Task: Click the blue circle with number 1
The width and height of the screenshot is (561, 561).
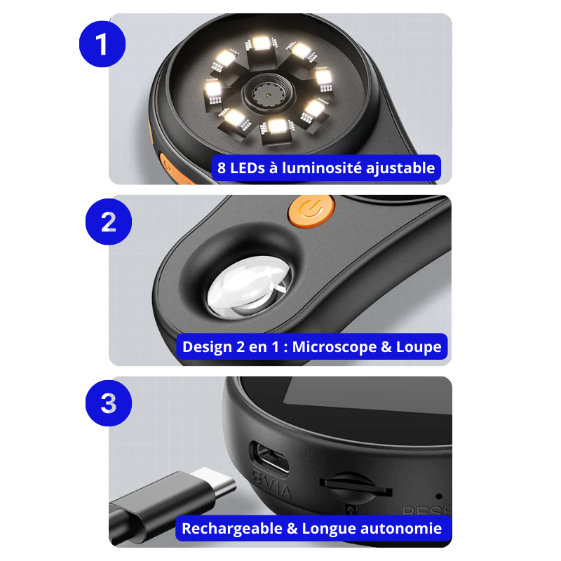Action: click(102, 44)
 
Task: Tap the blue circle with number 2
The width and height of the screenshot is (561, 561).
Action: click(108, 222)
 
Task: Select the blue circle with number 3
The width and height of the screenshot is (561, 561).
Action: click(108, 403)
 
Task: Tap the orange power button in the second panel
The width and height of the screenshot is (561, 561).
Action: click(309, 209)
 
